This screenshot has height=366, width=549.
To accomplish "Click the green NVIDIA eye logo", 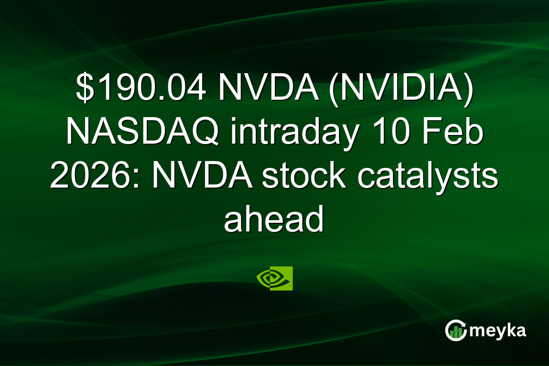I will (x=274, y=279).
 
